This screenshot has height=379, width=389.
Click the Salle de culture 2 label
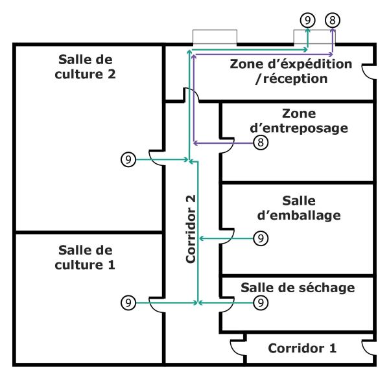pos(86,67)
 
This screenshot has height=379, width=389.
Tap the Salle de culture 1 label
pos(85,257)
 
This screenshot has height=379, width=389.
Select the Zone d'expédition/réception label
pos(291,71)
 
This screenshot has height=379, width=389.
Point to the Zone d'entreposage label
pos(299,121)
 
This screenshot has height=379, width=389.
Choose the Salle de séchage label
pos(298,287)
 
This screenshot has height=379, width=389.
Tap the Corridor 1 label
pos(302,348)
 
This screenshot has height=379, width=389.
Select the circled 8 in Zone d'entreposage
pos(260,143)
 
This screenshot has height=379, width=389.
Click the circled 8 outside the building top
pos(332,19)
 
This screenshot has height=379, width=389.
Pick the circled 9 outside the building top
pos(308,19)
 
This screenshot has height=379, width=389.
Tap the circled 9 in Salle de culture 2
pos(128,159)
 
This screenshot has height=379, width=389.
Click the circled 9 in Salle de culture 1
pos(128,303)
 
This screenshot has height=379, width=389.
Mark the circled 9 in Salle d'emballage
pos(260,239)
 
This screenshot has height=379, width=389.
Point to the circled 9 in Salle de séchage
pos(260,303)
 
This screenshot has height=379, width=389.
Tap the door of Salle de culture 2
pos(157,159)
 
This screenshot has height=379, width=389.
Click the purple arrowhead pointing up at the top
pos(332,32)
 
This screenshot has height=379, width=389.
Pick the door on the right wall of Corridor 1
pos(370,349)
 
